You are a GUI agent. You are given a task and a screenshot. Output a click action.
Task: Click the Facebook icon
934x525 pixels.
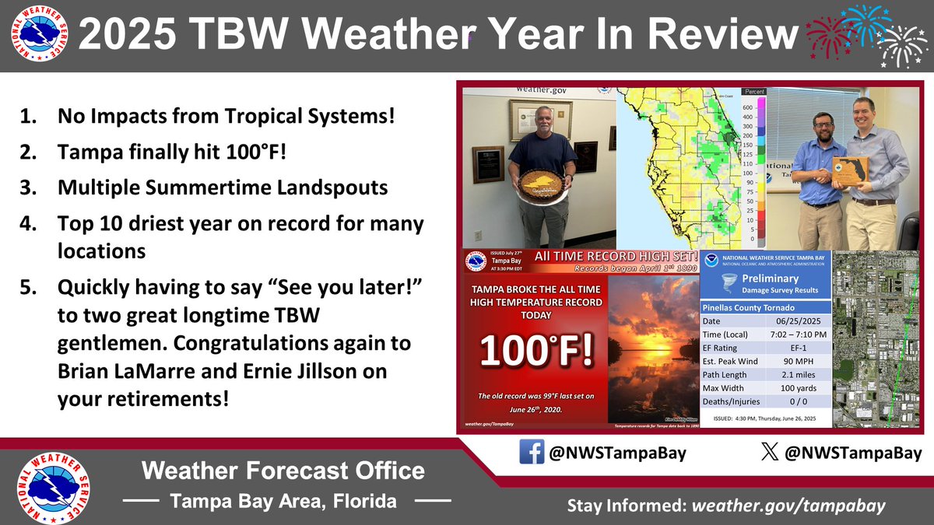tap(532, 452)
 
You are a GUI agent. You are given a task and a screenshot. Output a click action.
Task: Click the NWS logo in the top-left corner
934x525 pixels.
tap(38, 36)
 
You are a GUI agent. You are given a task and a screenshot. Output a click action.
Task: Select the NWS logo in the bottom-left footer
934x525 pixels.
tap(54, 486)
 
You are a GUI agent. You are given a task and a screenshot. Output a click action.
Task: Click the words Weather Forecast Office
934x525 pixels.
tap(283, 471)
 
